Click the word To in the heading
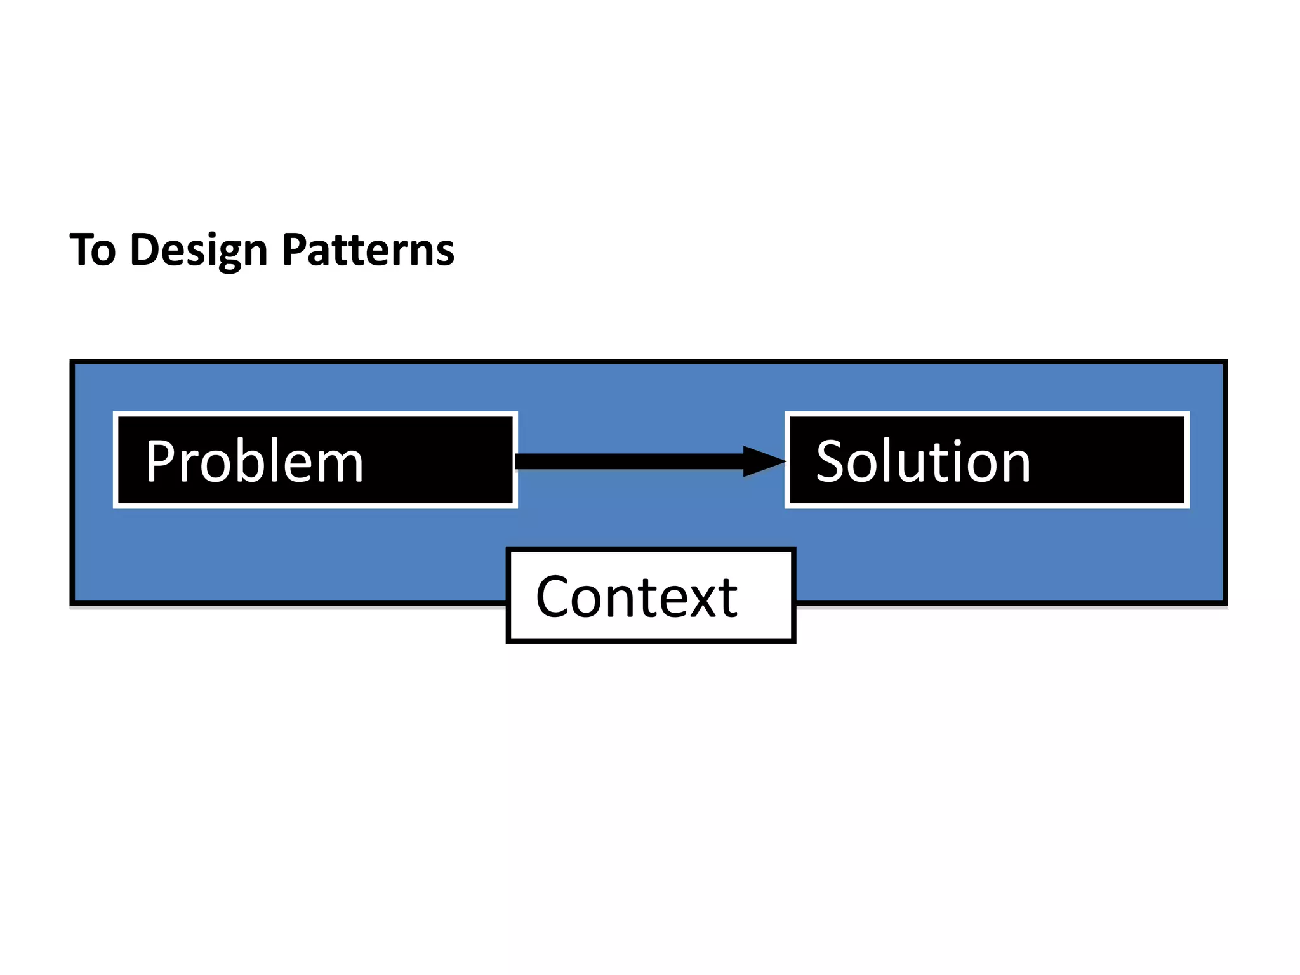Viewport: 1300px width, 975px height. [93, 249]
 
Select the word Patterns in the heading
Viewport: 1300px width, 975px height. [368, 249]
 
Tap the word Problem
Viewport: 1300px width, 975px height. [254, 461]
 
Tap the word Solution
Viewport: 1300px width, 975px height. [922, 461]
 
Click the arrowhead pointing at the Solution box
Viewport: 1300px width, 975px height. [764, 461]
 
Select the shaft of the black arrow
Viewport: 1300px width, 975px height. [628, 461]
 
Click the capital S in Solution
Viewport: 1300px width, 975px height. [831, 461]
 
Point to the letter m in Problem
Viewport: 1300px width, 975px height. [340, 467]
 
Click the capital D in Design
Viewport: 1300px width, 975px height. [145, 249]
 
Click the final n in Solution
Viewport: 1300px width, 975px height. [1013, 467]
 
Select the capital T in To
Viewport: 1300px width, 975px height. [82, 249]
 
